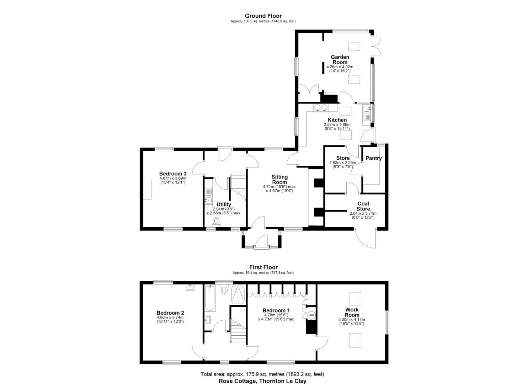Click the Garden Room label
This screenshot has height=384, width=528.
tap(340, 59)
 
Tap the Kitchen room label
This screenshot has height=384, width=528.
tap(337, 120)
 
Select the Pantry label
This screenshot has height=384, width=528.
tap(373, 158)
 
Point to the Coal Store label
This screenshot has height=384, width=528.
tap(363, 206)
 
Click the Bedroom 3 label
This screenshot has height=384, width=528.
tap(173, 174)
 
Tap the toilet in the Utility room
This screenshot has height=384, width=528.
tap(216, 222)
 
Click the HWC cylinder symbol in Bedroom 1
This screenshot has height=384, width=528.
tap(311, 315)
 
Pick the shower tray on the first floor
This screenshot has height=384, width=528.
tap(238, 295)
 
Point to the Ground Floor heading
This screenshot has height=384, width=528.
tap(263, 16)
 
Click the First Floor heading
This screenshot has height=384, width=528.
tap(263, 267)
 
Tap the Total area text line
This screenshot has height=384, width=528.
tap(262, 374)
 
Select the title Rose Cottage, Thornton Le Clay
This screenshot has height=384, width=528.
tap(262, 381)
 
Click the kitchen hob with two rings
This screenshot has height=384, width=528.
tap(321, 108)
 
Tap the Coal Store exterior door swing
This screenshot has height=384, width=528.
tap(366, 238)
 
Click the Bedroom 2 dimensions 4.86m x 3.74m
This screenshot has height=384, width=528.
tap(170, 319)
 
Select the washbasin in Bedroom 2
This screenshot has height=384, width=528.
tap(190, 287)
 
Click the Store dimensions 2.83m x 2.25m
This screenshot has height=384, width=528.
tap(343, 165)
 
